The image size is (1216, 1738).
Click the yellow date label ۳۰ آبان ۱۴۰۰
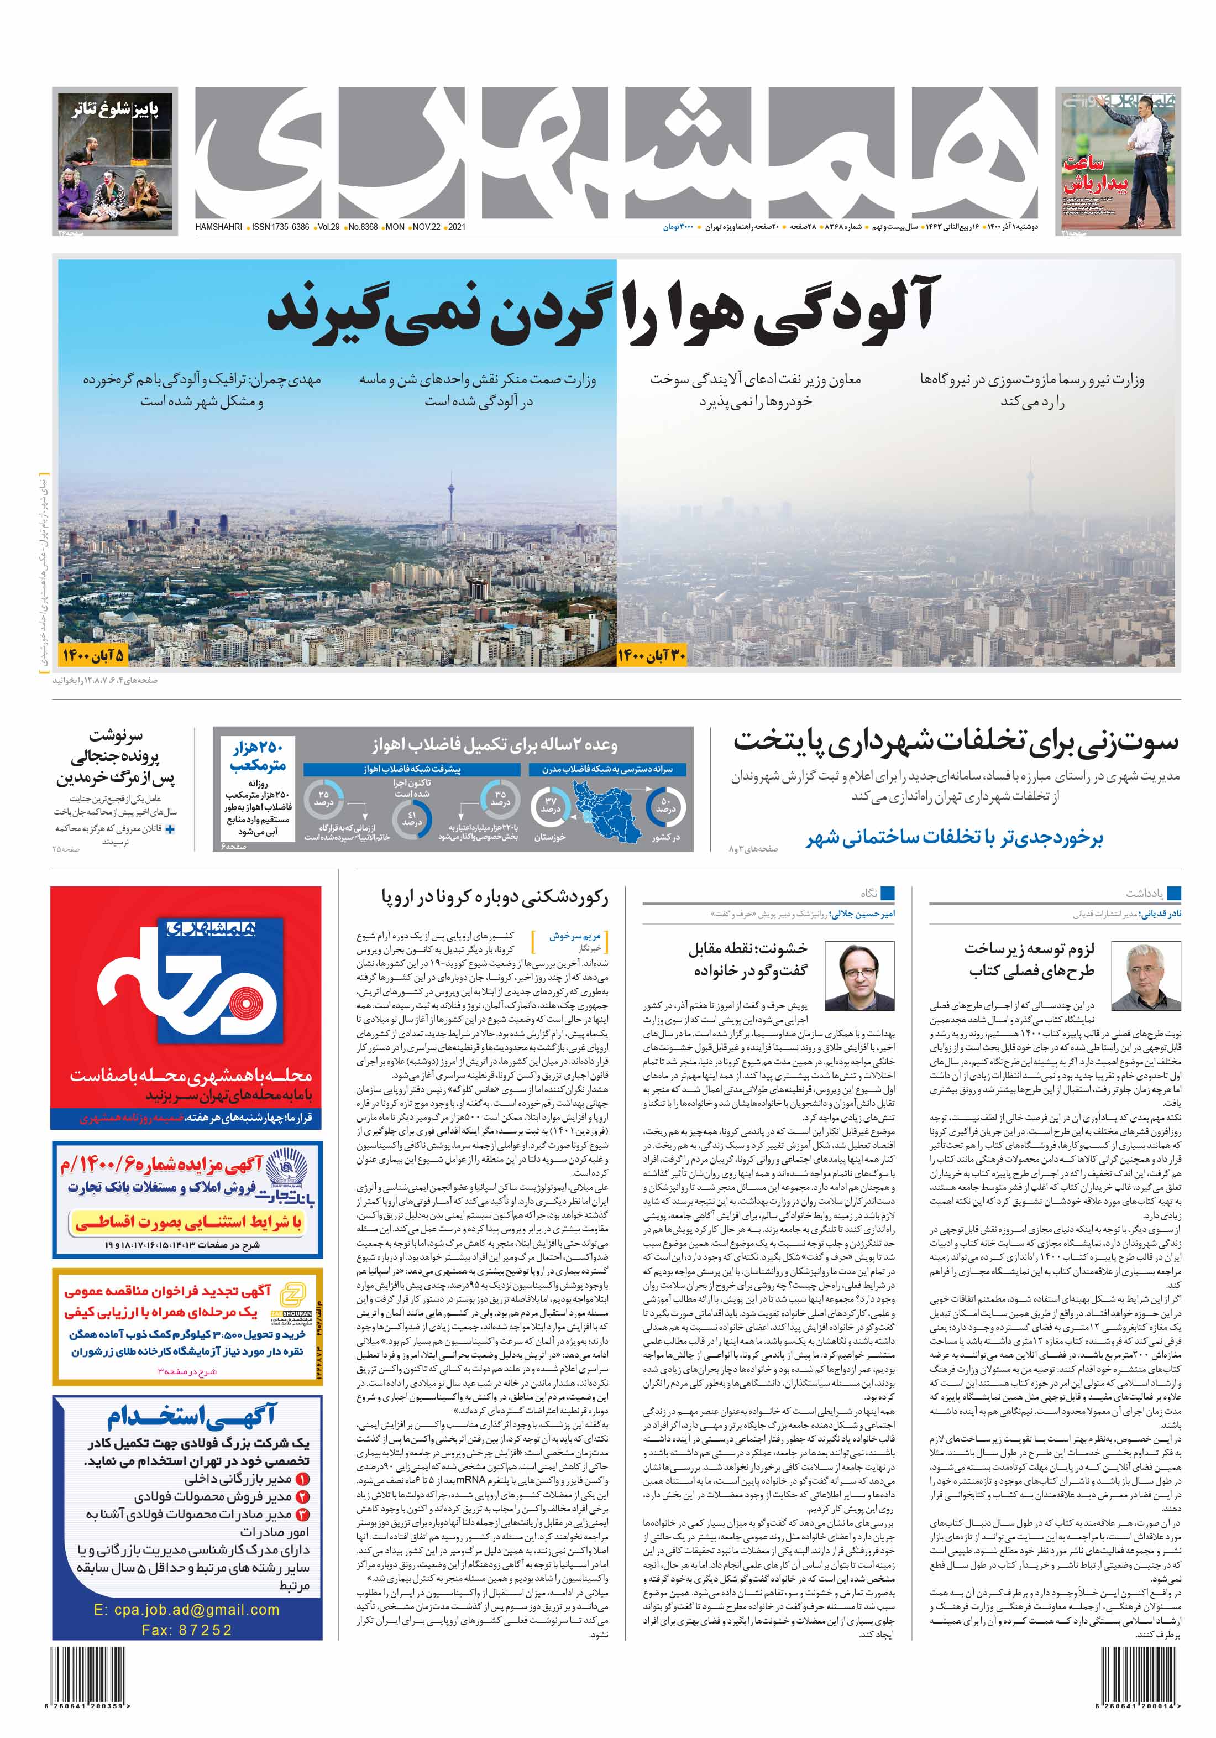tap(652, 655)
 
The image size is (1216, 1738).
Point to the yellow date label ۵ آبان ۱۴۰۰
tap(93, 655)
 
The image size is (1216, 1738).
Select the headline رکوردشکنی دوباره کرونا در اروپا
tap(495, 898)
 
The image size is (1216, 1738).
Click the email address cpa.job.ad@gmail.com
tap(186, 1610)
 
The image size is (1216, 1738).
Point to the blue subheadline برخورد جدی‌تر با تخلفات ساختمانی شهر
tap(955, 837)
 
